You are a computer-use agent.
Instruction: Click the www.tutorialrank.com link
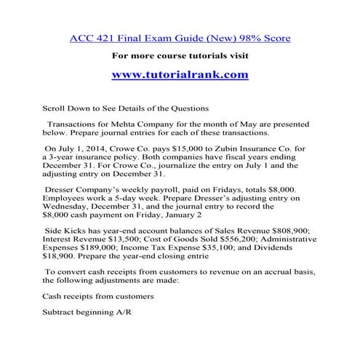click(180, 74)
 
